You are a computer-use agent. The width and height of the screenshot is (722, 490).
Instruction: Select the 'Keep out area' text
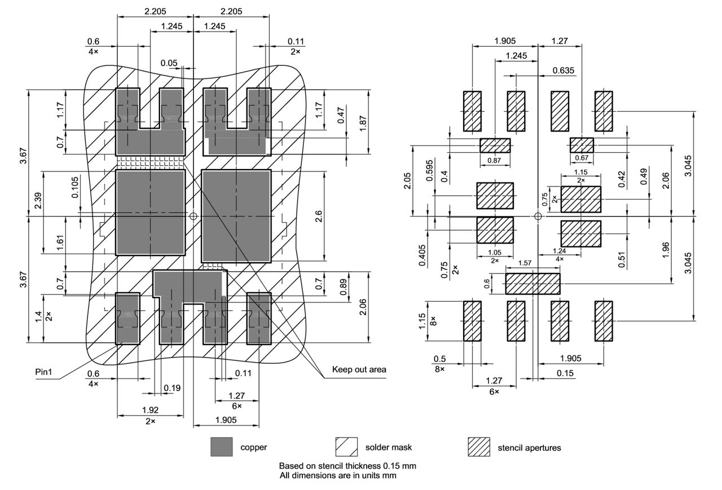pyautogui.click(x=359, y=369)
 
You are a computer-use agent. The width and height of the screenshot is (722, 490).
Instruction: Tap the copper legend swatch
pyautogui.click(x=222, y=447)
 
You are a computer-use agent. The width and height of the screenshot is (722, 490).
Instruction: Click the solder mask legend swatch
pyautogui.click(x=346, y=447)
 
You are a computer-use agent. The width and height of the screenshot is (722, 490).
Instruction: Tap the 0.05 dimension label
pyautogui.click(x=169, y=63)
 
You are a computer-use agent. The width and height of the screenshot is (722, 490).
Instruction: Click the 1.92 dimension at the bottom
pyautogui.click(x=150, y=410)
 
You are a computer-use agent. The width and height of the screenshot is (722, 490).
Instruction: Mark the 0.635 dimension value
pyautogui.click(x=563, y=70)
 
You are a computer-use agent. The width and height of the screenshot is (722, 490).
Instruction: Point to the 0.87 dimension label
pyautogui.click(x=495, y=160)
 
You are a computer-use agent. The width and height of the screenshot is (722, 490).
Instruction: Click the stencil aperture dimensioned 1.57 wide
pyautogui.click(x=532, y=284)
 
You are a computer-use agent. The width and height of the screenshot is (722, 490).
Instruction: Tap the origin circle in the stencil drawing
pyautogui.click(x=538, y=216)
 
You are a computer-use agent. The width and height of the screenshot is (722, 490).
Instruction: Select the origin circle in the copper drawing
pyautogui.click(x=193, y=216)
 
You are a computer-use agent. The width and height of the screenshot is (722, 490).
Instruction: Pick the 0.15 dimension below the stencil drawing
pyautogui.click(x=561, y=373)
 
